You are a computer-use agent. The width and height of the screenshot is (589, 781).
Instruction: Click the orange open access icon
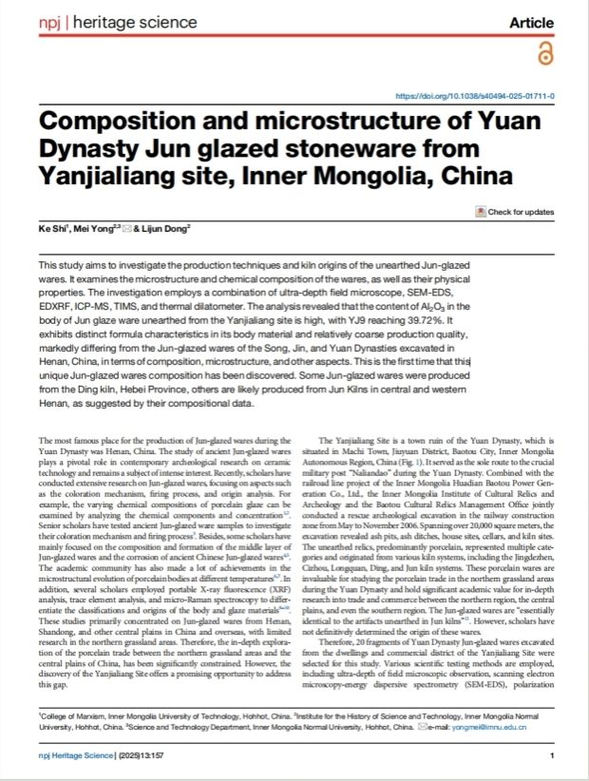coord(543,56)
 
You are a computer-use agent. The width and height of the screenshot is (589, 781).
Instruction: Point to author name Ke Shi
coord(53,230)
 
